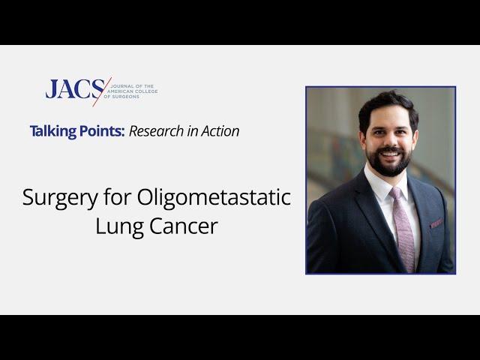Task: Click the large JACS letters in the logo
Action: coord(75,88)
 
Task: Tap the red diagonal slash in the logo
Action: coord(102,91)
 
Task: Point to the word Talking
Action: coord(53,131)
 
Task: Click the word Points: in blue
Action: coord(102,131)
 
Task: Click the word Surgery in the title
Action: coord(60,198)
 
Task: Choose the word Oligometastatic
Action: coord(214,198)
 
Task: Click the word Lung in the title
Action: coord(120,226)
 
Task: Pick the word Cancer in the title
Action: coord(184,226)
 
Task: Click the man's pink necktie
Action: coord(403,229)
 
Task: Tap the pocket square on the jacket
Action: coord(436,223)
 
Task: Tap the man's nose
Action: coord(388,139)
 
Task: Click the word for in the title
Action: coord(117,196)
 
